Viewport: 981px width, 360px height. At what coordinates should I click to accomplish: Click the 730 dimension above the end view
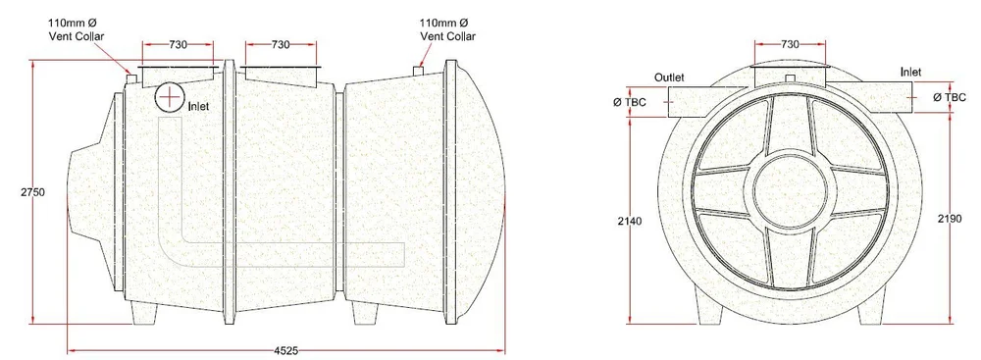(789, 45)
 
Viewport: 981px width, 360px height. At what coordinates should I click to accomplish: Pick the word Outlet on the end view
(670, 77)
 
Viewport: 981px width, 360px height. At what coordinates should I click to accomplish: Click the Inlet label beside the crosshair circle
(199, 104)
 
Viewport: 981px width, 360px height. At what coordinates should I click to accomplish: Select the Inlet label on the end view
(909, 72)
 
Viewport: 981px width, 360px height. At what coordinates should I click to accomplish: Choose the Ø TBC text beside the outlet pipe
(629, 100)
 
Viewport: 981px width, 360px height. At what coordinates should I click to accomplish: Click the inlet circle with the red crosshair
(172, 96)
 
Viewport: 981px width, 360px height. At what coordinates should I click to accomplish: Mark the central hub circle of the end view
(790, 186)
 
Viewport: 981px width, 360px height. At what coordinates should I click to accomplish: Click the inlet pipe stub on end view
(888, 97)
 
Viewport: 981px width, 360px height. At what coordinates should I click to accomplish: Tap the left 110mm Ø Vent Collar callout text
(77, 29)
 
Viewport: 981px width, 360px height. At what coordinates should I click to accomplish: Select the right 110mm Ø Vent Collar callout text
(448, 29)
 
